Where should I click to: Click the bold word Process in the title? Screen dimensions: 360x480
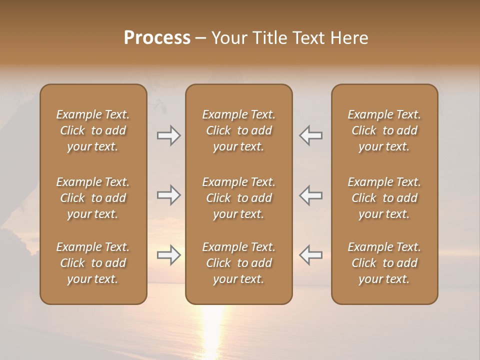pos(157,38)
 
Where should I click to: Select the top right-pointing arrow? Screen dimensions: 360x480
pos(169,135)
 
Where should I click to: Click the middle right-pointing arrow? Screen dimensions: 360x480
pos(169,195)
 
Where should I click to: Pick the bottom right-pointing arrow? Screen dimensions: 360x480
pos(169,255)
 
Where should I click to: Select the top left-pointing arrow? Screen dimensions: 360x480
pos(310,135)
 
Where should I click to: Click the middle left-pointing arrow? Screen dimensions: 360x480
pos(310,195)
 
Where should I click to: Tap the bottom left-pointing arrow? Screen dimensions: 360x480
pos(310,255)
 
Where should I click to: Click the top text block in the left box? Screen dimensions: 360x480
pos(93,130)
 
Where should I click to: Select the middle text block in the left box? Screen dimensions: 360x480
pos(93,198)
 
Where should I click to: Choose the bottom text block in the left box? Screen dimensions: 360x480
pos(93,263)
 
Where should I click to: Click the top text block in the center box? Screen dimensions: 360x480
pos(238,130)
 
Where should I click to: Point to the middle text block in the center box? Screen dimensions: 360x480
pos(238,198)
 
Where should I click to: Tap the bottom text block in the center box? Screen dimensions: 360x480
pos(238,263)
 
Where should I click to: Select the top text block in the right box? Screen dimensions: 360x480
pos(384,130)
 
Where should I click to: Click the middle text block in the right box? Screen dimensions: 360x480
pos(384,198)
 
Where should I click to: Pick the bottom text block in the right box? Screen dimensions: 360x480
pos(384,263)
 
